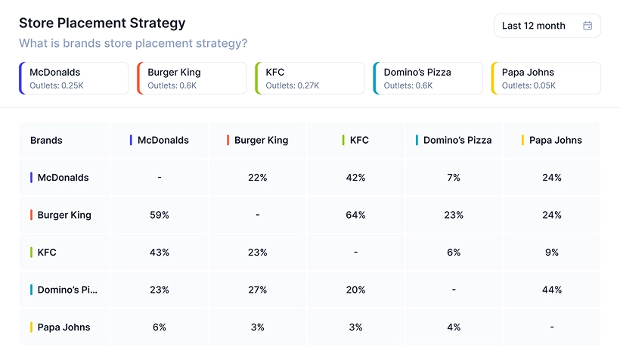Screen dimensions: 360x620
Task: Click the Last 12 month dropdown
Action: coord(546,26)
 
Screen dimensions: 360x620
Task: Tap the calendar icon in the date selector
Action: coord(587,26)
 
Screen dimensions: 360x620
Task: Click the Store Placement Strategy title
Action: coord(102,23)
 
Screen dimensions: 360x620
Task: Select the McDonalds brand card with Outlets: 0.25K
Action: coord(74,79)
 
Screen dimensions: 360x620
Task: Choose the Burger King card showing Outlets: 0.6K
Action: coord(192,79)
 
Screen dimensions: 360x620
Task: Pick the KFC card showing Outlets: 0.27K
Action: coord(310,79)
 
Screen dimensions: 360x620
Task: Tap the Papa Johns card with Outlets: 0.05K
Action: coord(546,79)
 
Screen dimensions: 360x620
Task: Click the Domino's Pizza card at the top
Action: coord(428,79)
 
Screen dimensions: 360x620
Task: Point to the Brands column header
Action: coord(46,140)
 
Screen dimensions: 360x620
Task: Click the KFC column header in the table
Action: coord(359,140)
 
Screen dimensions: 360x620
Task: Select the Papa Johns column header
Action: coord(556,140)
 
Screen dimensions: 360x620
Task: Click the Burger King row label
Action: coord(64,215)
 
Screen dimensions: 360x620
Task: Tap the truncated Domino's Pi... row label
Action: coord(67,290)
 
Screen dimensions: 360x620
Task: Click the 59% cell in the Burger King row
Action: coord(160,215)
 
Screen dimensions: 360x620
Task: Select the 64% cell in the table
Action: coord(355,215)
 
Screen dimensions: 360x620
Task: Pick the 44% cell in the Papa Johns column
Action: coord(552,290)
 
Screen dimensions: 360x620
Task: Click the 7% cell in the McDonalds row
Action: coord(454,178)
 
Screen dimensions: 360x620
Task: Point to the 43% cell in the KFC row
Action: coord(160,253)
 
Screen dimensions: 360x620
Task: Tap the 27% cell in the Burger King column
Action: coord(258,290)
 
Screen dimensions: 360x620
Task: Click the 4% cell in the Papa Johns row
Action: coord(454,327)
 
